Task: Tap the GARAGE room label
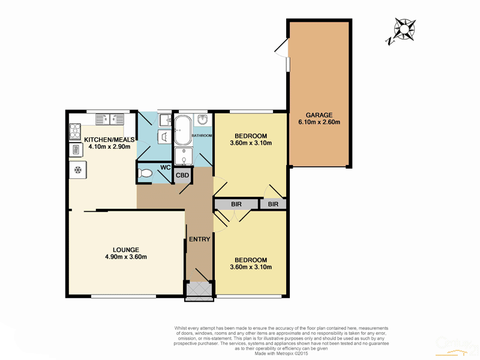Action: [x=319, y=115]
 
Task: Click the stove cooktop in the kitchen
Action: [x=76, y=130]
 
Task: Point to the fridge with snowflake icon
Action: [x=77, y=170]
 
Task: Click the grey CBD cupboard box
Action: [x=182, y=175]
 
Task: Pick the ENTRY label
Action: [x=200, y=239]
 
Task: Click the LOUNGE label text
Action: [x=126, y=250]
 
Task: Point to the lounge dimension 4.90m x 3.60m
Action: [x=126, y=257]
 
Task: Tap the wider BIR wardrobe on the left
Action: [x=236, y=204]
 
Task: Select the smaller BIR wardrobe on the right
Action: [x=273, y=204]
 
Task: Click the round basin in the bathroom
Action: [x=203, y=119]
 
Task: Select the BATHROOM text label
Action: [x=202, y=136]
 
